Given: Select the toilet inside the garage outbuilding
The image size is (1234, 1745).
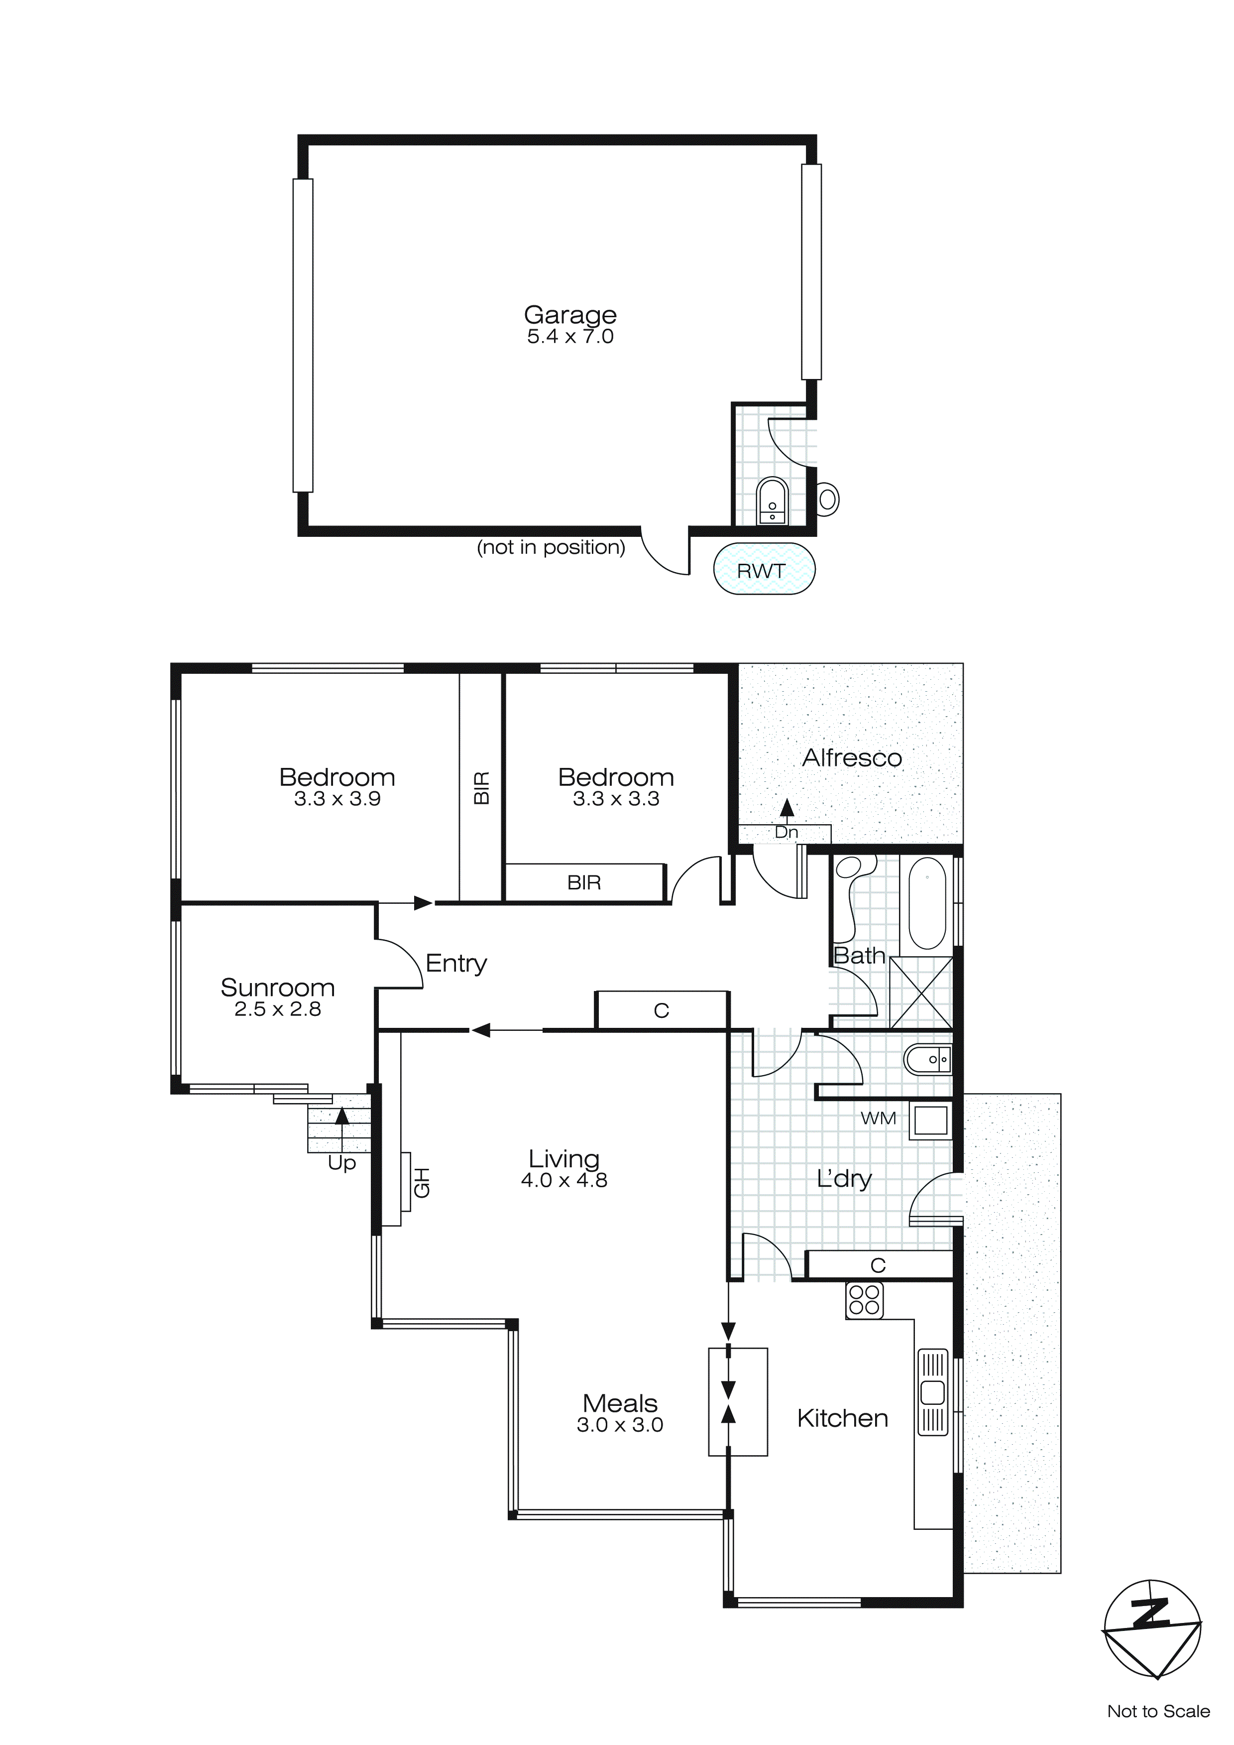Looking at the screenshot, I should (x=772, y=501).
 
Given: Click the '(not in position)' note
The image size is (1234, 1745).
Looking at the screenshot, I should (x=551, y=547).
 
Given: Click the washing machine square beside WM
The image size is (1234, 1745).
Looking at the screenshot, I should (x=931, y=1121).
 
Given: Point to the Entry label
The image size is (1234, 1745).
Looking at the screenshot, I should (x=456, y=963).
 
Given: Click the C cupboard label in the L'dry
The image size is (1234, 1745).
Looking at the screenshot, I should (x=879, y=1265).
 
